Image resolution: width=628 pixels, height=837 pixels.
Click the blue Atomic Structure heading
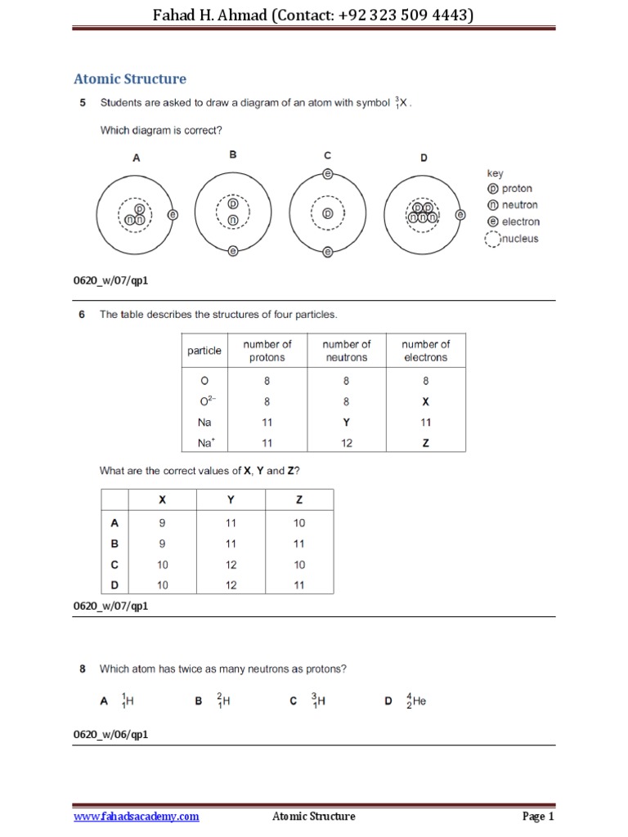[130, 79]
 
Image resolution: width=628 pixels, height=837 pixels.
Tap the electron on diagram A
[172, 215]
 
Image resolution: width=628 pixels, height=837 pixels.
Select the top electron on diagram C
[327, 174]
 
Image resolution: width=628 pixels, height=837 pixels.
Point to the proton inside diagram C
[327, 213]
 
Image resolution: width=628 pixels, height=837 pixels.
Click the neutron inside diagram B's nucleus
[233, 220]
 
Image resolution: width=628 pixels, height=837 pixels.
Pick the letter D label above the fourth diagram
[424, 158]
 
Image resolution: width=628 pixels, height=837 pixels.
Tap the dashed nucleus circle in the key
[492, 239]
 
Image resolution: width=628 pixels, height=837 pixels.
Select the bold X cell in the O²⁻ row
[425, 401]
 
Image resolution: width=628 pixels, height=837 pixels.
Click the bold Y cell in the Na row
[347, 423]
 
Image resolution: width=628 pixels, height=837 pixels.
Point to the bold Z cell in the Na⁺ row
[425, 443]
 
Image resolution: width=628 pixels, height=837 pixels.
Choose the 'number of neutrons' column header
[347, 351]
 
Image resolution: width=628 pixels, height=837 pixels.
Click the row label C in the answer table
[114, 564]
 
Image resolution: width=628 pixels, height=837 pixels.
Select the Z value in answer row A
[299, 522]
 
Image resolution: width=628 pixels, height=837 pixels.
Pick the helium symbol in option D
[416, 700]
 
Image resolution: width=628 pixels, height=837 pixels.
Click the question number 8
[83, 669]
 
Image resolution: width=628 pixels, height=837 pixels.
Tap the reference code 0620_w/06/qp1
[111, 735]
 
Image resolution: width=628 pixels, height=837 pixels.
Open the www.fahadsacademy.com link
[136, 817]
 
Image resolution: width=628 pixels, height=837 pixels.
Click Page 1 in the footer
[538, 817]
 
